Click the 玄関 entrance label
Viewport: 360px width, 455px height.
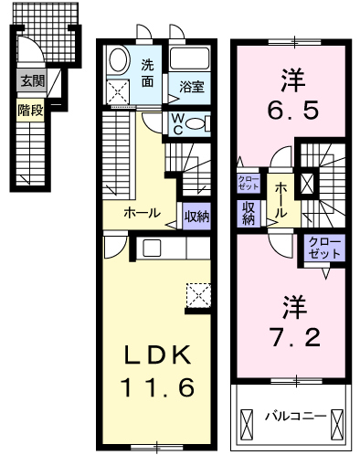point(32,81)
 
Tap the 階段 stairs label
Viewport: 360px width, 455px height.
point(30,110)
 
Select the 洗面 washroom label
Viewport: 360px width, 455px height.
point(147,73)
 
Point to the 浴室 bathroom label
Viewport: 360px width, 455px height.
point(191,88)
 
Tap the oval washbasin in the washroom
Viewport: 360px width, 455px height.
point(118,60)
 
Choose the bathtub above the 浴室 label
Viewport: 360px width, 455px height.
point(189,58)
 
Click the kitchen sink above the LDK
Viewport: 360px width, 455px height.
point(152,249)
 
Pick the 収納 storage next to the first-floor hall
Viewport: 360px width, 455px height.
point(196,217)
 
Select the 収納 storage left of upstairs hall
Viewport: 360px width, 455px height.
point(249,214)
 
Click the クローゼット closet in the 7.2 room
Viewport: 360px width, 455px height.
point(324,249)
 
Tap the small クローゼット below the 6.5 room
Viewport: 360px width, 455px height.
point(249,183)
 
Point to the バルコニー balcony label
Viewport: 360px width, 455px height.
point(295,416)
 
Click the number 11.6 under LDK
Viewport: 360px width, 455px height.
point(157,386)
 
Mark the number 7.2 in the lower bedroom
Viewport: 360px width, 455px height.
point(295,337)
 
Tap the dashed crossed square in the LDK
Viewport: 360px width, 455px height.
point(198,295)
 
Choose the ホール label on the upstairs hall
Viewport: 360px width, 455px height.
point(281,200)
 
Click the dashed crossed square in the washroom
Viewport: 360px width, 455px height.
point(119,91)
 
